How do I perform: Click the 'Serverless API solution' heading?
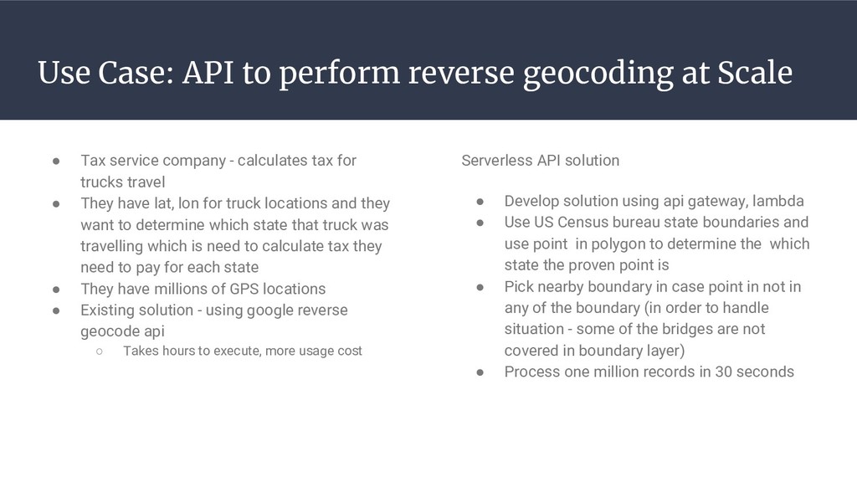[541, 160]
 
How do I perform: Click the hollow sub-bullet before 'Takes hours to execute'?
[98, 351]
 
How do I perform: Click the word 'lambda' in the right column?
[778, 201]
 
